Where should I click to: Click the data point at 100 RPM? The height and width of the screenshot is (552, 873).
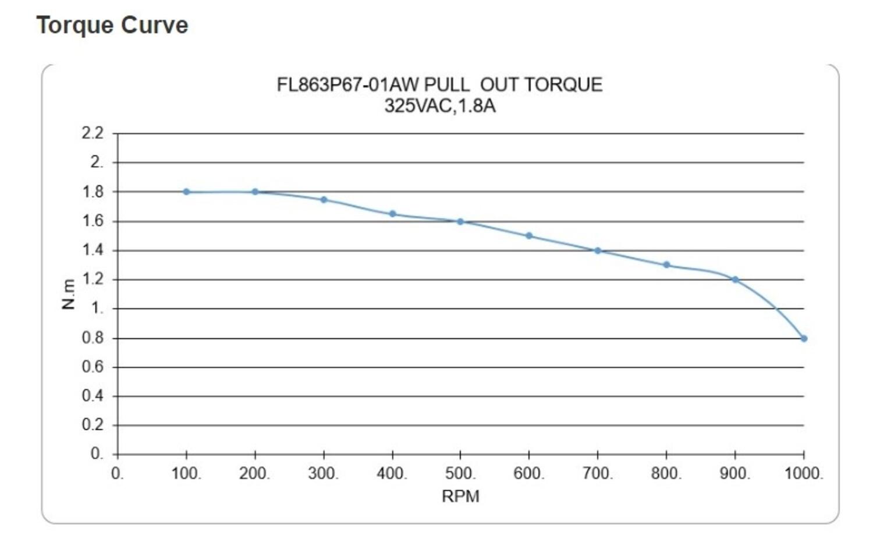(x=186, y=192)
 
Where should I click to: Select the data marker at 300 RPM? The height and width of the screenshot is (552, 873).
(x=324, y=200)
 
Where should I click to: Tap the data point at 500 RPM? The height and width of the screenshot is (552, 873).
(x=460, y=222)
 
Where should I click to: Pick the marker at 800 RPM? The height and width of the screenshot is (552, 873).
(x=666, y=265)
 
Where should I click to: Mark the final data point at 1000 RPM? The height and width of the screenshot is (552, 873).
(x=804, y=338)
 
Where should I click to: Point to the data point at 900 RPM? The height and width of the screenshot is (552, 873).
(x=735, y=280)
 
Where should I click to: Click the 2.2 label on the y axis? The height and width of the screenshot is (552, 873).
(x=93, y=133)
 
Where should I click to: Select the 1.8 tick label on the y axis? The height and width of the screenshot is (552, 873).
(x=93, y=192)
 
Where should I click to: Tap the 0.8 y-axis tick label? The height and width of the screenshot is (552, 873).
(x=93, y=338)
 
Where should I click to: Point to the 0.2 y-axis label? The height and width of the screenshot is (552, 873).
(x=93, y=425)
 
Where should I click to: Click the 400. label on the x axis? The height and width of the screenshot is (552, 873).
(x=392, y=473)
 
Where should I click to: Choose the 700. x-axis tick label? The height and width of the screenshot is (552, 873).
(x=598, y=473)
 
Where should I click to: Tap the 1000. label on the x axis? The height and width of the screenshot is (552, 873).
(x=804, y=473)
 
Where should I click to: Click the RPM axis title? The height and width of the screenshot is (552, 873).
(x=460, y=497)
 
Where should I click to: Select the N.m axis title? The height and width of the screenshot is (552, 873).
(x=69, y=294)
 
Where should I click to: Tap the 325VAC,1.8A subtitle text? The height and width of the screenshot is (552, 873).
(x=440, y=106)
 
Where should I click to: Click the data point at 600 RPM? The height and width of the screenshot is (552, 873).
(x=529, y=236)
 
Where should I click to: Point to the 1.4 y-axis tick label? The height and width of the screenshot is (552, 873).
(x=93, y=250)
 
